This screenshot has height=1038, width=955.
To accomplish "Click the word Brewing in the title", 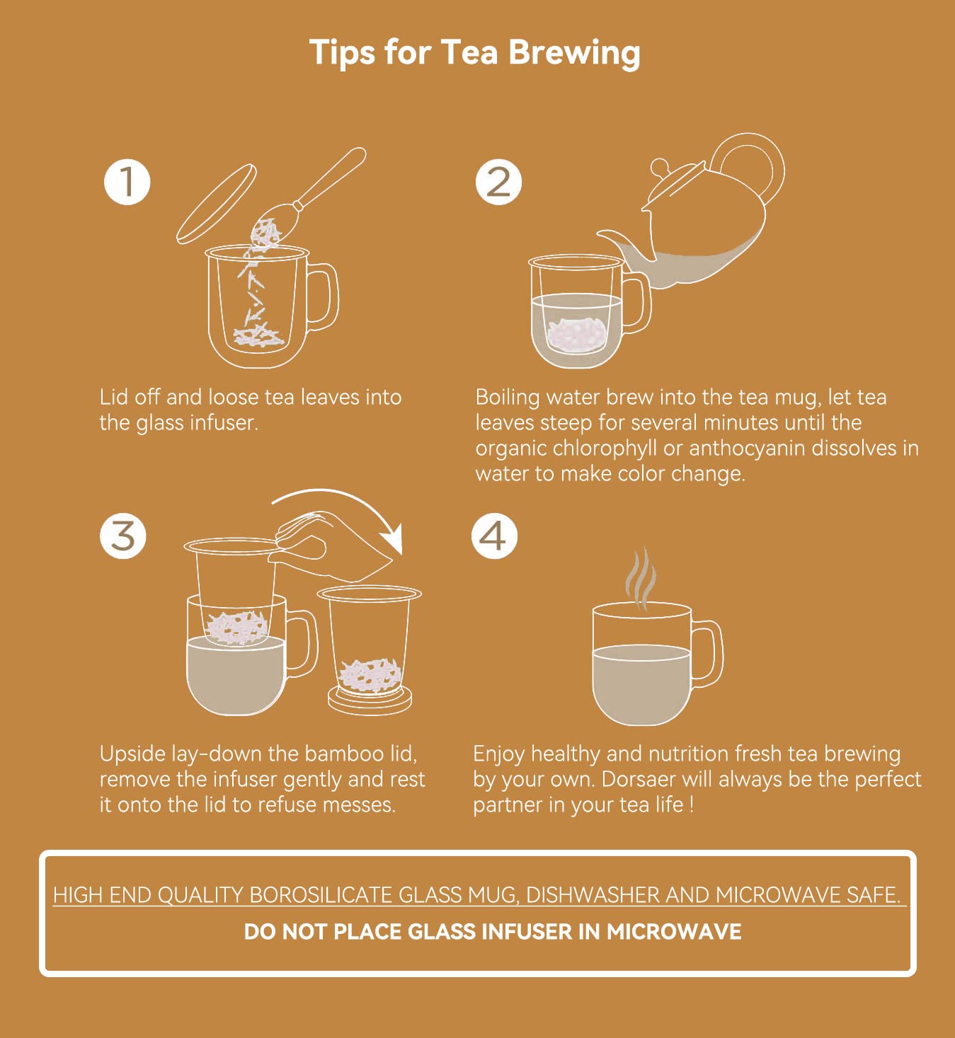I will (573, 54).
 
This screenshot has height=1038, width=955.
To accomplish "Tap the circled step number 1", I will (127, 182).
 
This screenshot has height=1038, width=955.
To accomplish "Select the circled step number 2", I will (498, 182).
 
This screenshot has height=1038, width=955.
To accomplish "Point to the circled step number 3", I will (123, 536).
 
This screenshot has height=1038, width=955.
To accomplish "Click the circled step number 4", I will (494, 536).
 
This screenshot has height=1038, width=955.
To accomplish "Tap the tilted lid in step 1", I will (216, 204).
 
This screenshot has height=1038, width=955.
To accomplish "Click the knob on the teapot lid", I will (659, 167).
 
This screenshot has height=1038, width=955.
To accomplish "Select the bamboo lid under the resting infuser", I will (370, 701).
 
